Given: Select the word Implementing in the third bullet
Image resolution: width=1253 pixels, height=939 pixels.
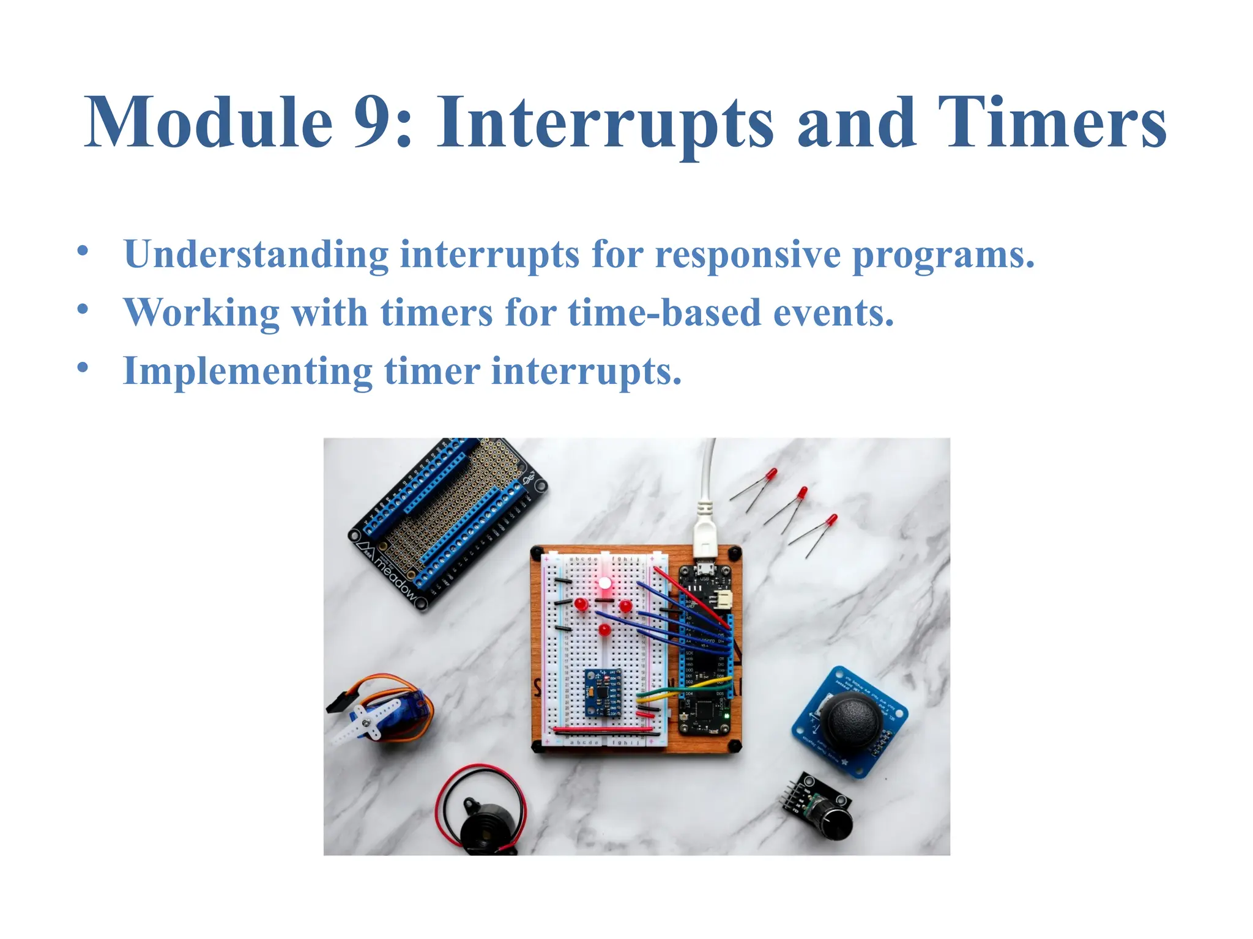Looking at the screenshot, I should (247, 371).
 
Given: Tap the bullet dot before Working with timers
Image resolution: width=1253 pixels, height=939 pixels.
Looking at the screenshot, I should (83, 309).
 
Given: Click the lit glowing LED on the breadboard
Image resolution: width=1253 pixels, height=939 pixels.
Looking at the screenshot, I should (605, 583).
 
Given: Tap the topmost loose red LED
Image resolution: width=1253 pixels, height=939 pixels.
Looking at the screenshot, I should (772, 475).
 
